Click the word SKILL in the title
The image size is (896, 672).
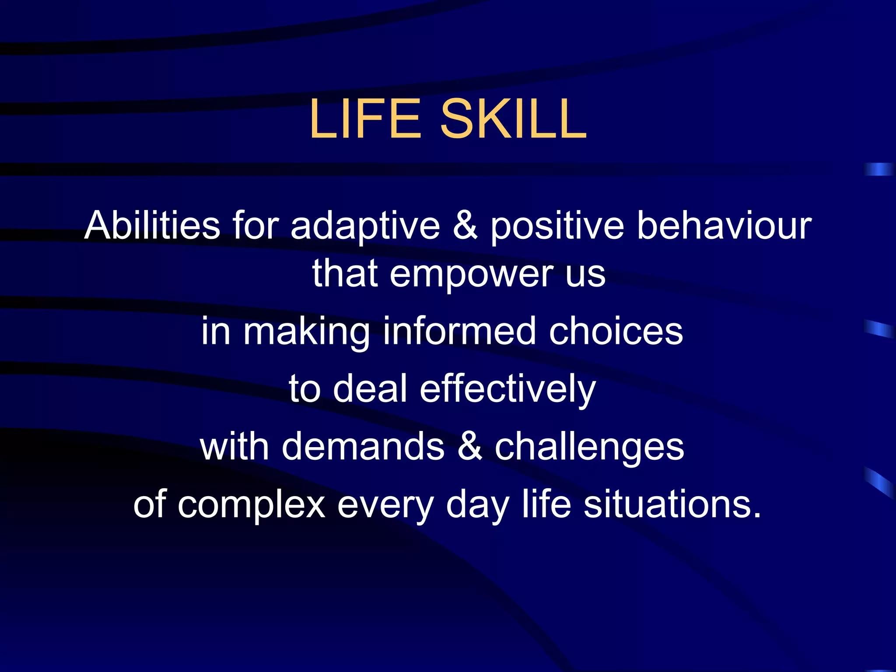[513, 119]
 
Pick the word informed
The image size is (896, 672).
[459, 331]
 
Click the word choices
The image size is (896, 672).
[616, 331]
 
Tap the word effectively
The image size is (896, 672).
[507, 389]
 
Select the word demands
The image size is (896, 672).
[363, 447]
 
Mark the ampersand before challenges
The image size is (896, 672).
[469, 447]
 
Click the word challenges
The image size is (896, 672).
[589, 448]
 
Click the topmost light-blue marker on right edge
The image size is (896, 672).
[879, 169]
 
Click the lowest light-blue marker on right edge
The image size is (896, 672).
[880, 482]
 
